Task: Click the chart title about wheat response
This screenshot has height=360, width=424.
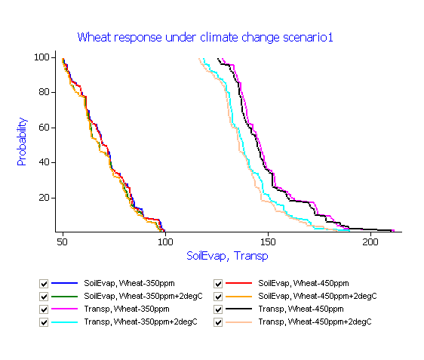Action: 205,37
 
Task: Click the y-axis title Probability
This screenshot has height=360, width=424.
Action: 22,141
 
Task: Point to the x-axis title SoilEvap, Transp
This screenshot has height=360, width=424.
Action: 227,256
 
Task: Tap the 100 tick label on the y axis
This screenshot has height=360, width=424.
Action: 41,57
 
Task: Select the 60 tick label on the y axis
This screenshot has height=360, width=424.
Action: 44,128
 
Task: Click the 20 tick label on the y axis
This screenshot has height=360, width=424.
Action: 44,198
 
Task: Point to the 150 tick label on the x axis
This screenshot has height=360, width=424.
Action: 268,242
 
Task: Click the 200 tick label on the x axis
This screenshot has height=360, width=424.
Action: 370,242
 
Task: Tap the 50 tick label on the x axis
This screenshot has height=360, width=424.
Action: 62,242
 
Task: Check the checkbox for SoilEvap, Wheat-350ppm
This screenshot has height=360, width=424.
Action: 44,284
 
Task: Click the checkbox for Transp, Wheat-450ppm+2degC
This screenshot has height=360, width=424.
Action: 218,322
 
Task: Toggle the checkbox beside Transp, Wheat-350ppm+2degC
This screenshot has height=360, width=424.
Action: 44,322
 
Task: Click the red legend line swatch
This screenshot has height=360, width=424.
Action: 238,283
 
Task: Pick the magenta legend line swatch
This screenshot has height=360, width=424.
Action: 64,309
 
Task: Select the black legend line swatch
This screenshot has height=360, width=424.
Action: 238,309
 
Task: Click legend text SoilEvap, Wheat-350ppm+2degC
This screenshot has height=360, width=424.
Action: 143,297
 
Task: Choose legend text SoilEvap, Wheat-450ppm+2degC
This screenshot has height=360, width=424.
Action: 318,297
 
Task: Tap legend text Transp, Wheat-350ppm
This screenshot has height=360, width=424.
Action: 127,309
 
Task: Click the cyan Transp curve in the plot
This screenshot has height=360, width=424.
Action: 244,154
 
